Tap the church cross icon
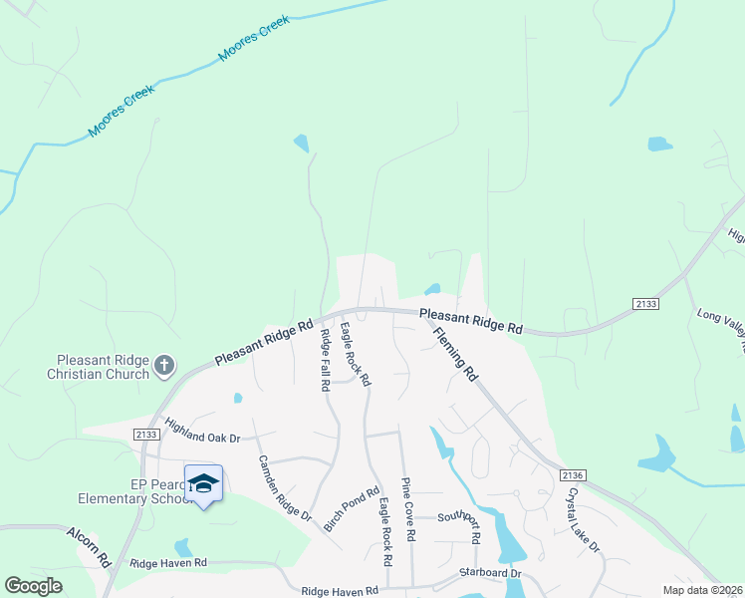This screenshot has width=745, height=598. [x=165, y=366]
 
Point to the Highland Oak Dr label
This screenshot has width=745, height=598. [x=204, y=432]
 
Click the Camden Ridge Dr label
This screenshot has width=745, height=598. [x=285, y=487]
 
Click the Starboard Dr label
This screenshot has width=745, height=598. [x=490, y=573]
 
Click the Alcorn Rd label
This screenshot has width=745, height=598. [x=89, y=547]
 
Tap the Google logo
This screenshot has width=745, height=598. [x=34, y=586]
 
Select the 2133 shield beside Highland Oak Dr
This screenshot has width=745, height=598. [x=145, y=433]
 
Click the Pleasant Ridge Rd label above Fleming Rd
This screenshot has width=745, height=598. [x=470, y=321]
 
